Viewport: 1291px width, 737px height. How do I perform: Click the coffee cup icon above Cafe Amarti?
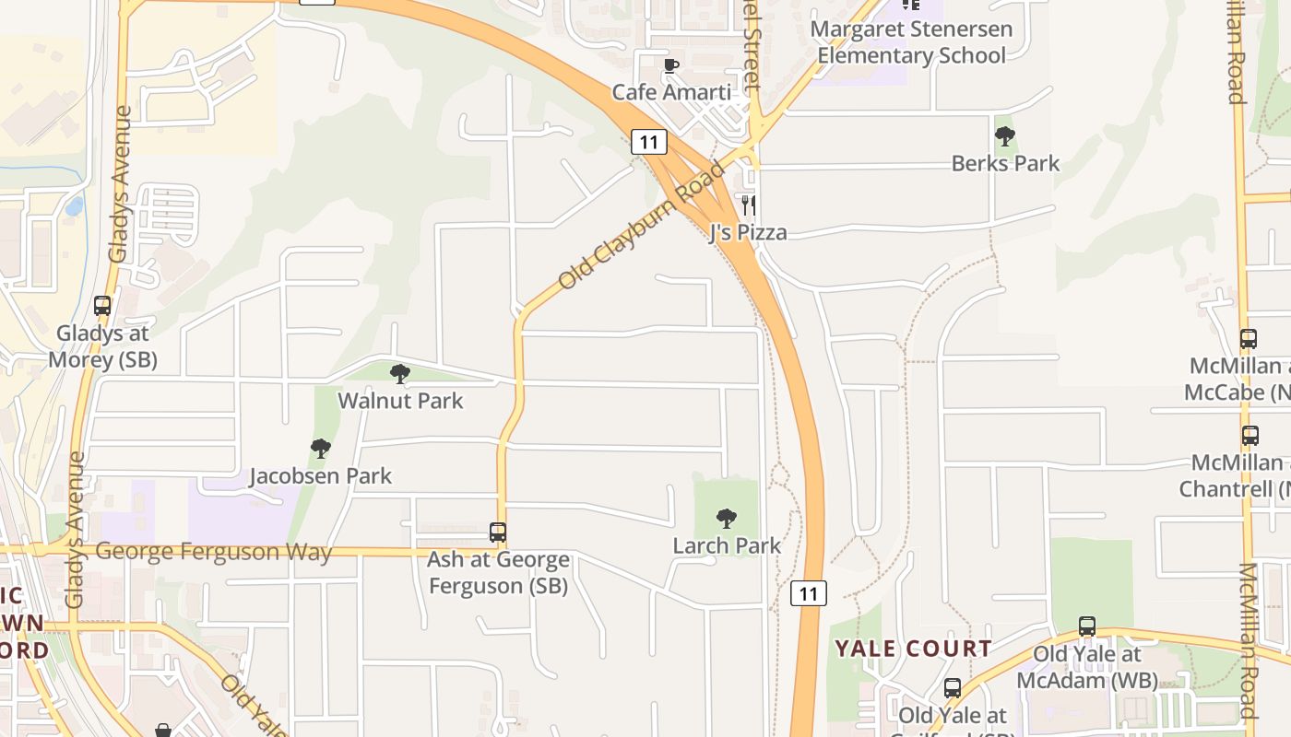671,65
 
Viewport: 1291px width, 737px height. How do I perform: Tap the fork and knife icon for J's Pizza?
748,205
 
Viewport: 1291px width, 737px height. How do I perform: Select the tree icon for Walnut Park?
400,373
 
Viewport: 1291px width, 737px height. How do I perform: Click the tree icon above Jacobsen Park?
320,449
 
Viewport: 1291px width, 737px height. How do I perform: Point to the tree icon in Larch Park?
727,519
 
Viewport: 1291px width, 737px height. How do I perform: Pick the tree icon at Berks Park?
1005,136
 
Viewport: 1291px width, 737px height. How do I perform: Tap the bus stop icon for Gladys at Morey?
102,305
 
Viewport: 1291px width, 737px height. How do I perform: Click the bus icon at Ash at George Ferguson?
498,532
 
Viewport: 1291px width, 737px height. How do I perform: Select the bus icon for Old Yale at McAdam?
1087,626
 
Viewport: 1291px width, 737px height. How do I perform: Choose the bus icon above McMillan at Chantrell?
1250,435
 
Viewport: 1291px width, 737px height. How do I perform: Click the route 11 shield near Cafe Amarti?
649,142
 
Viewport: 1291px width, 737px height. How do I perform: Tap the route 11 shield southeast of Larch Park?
809,593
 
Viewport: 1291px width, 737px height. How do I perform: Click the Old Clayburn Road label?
642,224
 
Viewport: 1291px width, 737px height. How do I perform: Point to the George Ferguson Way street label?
213,552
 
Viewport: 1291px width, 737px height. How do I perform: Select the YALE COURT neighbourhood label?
913,649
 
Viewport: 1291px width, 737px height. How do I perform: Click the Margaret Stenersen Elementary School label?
910,42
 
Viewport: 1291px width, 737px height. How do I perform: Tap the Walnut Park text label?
400,401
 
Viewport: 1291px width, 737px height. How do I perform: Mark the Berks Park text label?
1005,164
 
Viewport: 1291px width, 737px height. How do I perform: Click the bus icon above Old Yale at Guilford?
953,687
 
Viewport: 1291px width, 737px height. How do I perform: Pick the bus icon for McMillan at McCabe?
1249,338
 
